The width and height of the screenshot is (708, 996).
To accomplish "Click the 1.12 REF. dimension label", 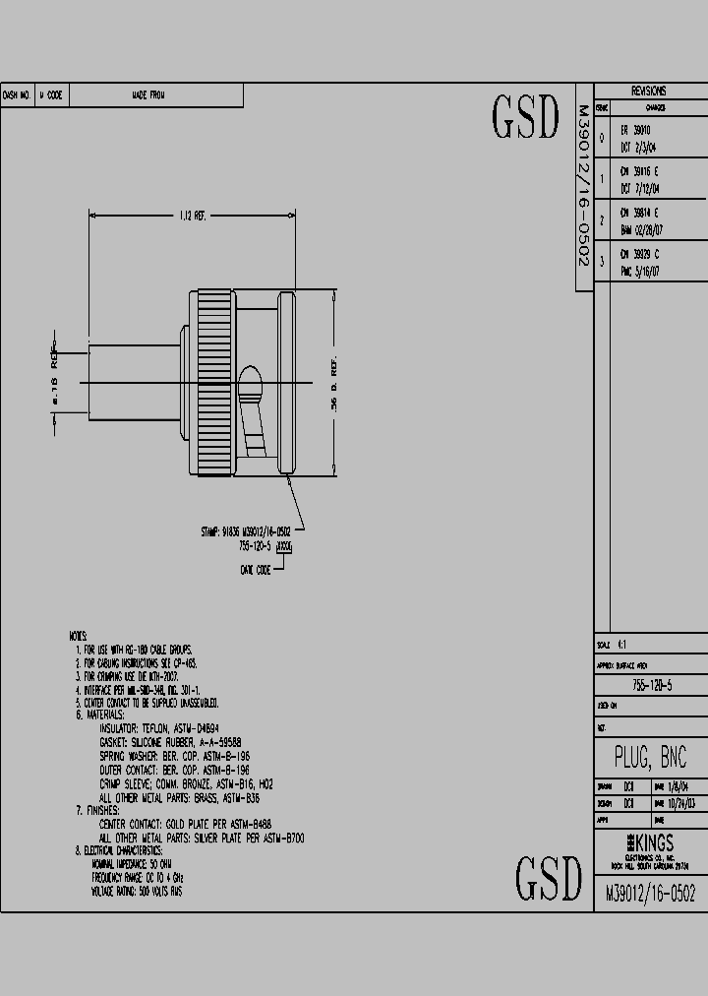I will [x=193, y=215].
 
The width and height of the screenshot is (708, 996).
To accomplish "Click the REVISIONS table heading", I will [x=648, y=91].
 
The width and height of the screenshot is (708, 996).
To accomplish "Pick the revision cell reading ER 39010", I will [x=636, y=129].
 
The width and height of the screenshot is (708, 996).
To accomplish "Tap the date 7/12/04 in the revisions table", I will [x=644, y=187].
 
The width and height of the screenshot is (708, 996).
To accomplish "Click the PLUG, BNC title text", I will [x=650, y=756].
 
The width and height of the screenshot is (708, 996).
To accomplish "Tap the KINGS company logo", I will [x=649, y=843].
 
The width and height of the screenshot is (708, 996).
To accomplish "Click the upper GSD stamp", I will [x=525, y=118].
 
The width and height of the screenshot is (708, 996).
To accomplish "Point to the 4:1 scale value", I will [x=622, y=645].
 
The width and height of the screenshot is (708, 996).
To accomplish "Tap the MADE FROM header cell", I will [x=148, y=95].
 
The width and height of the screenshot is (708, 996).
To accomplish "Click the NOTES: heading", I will [x=78, y=637].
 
